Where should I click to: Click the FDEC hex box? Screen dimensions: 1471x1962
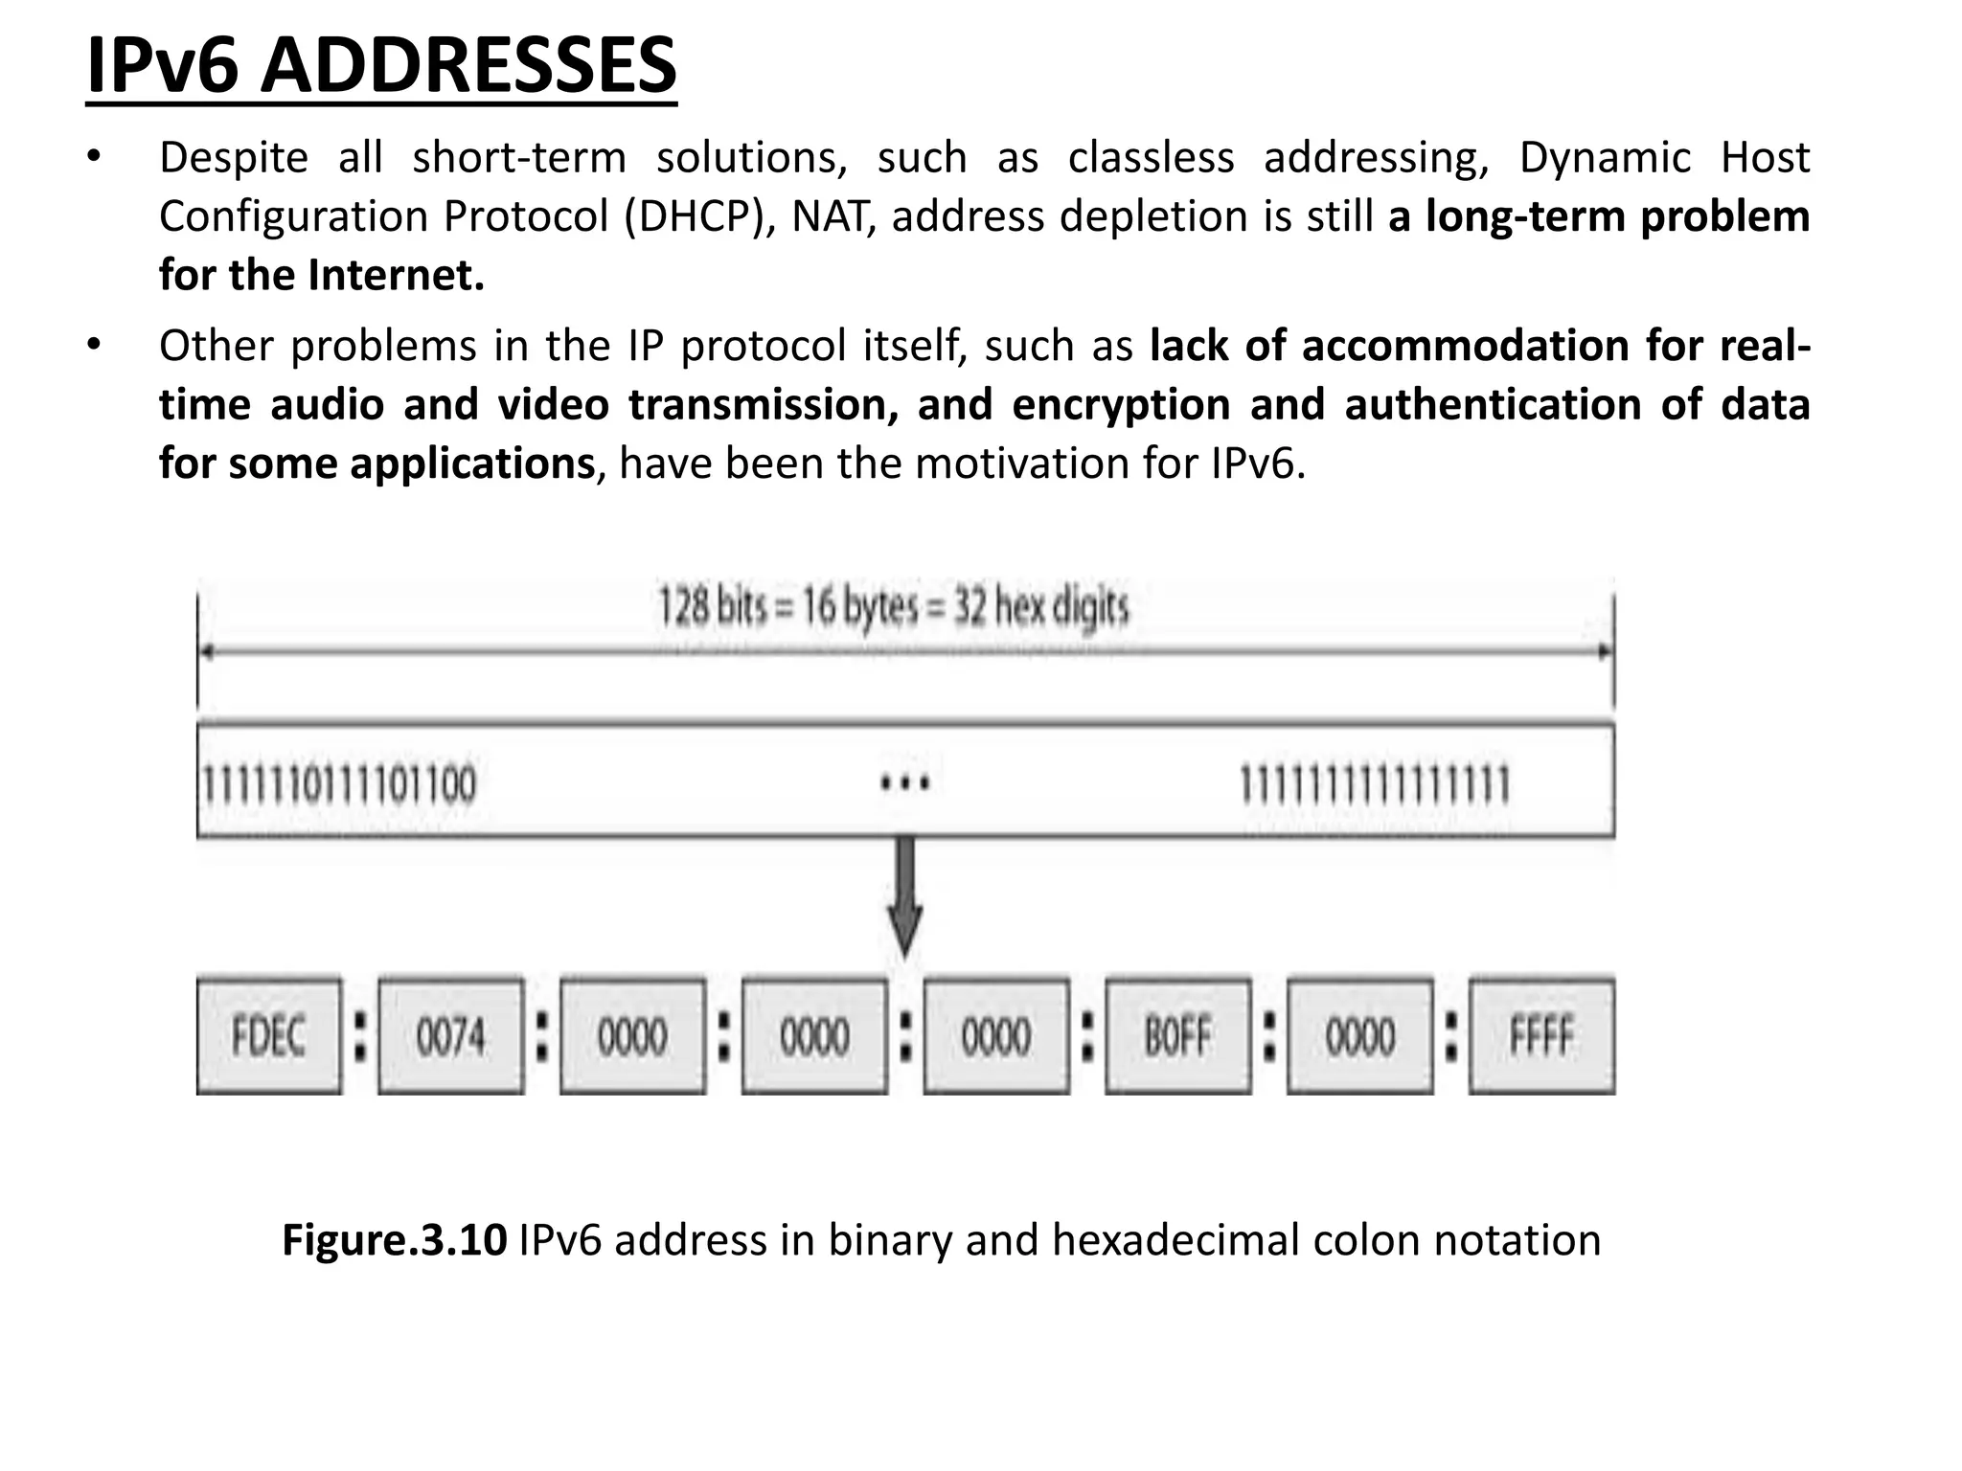(x=268, y=1035)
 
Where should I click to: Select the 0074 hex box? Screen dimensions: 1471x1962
(x=450, y=1035)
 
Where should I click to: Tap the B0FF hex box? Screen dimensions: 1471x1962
(x=1177, y=1035)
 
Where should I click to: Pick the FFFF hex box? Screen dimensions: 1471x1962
(x=1541, y=1035)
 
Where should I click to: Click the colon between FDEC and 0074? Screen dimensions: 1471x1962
(x=360, y=1037)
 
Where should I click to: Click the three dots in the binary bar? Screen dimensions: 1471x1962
(x=905, y=784)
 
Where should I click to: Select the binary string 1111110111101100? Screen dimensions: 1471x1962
(x=338, y=784)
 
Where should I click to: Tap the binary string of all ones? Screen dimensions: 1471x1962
(x=1375, y=784)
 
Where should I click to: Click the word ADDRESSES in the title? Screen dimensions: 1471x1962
(x=468, y=67)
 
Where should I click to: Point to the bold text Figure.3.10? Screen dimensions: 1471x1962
(x=394, y=1239)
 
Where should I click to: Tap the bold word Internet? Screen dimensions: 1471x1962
(x=396, y=276)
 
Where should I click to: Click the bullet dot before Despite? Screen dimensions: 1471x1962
(x=93, y=157)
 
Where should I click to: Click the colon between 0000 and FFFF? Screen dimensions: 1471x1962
(x=1451, y=1037)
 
